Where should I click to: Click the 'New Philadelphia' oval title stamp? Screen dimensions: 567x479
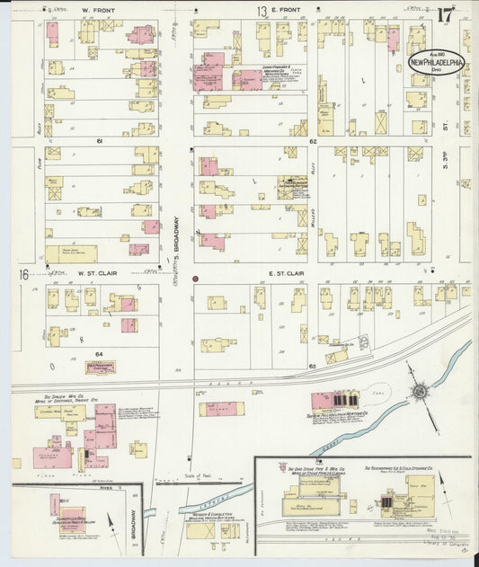tap(437, 61)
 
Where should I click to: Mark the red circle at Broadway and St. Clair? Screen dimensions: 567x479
tap(195, 279)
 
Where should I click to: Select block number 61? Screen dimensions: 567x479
tap(101, 141)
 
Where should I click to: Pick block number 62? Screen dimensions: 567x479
tap(313, 141)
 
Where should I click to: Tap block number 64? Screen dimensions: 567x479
tap(99, 355)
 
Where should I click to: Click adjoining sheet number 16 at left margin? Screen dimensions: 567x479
tap(25, 273)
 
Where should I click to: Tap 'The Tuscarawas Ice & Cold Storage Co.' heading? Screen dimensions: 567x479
tap(399, 469)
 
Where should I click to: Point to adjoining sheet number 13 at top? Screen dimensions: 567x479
tap(262, 12)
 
